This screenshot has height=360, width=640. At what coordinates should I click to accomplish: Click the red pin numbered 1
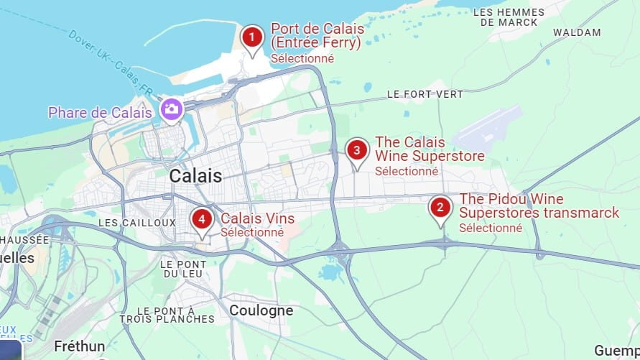click(251, 37)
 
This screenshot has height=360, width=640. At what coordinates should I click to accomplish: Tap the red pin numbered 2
click(440, 209)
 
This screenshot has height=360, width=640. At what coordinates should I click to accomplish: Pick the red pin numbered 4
click(202, 218)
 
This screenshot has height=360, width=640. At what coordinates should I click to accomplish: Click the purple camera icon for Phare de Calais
click(171, 109)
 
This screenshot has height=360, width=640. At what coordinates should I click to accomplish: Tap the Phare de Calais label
click(100, 113)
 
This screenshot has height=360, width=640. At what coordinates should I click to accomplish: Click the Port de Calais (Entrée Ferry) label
click(317, 36)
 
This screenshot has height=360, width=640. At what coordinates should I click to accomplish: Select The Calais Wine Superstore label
click(429, 149)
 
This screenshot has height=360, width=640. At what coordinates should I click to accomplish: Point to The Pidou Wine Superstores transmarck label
click(538, 206)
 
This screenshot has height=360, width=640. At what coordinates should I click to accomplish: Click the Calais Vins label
click(257, 218)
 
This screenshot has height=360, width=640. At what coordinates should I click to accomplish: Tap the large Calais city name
click(195, 176)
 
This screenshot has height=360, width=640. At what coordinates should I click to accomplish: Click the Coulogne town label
click(261, 310)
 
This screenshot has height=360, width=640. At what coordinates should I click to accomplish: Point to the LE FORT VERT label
click(425, 94)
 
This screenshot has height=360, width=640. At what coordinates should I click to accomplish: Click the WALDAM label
click(577, 32)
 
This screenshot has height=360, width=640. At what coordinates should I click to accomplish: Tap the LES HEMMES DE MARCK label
click(509, 17)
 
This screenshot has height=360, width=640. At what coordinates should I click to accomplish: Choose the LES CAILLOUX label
click(136, 223)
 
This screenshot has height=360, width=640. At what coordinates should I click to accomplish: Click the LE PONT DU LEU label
click(184, 269)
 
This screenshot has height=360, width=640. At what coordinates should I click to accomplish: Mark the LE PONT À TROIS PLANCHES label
click(167, 315)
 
